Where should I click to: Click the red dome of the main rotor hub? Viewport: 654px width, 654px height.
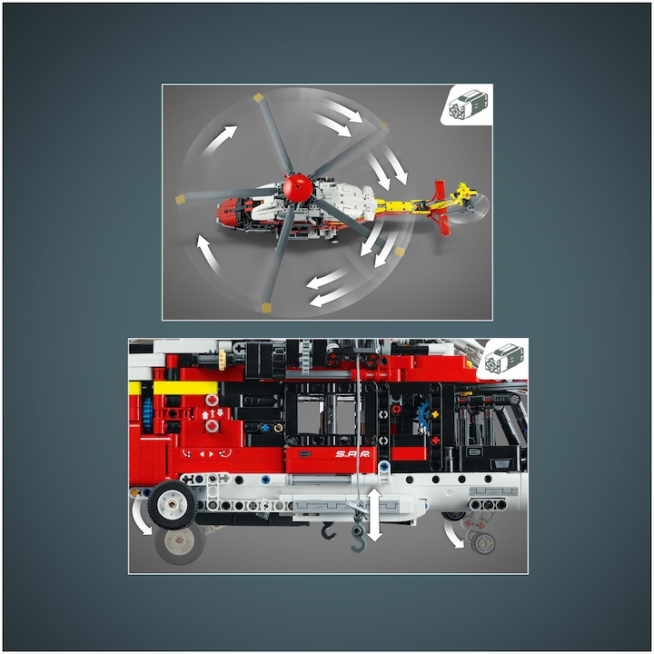click(297, 188)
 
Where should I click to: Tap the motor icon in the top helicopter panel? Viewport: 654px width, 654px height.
click(468, 104)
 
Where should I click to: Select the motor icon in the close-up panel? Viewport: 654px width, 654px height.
click(503, 358)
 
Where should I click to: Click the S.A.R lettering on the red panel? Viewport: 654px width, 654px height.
click(352, 454)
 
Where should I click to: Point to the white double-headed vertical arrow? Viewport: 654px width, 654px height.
click(374, 515)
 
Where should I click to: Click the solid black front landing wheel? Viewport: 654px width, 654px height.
click(171, 505)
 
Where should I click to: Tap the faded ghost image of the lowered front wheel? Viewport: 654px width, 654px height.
click(180, 542)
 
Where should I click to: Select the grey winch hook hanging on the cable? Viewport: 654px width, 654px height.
click(358, 538)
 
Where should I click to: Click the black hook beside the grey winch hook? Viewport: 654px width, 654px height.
click(329, 530)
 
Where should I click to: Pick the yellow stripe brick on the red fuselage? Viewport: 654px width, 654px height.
click(185, 388)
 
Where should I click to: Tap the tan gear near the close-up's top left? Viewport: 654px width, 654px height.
click(223, 361)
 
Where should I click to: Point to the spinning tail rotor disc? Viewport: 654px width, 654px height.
click(471, 207)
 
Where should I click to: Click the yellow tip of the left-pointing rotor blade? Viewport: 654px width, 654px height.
click(181, 199)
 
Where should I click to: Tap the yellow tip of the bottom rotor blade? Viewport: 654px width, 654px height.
click(265, 308)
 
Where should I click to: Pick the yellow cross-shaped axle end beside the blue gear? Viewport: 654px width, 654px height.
click(435, 414)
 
